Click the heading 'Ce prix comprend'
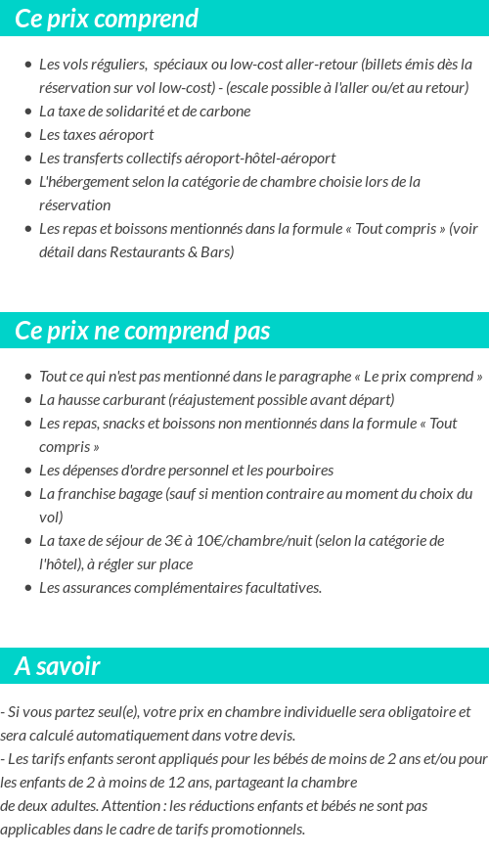(107, 19)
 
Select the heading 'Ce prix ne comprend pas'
(143, 331)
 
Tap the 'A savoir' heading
(58, 666)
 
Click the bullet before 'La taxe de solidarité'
(27, 112)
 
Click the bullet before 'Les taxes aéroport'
(27, 135)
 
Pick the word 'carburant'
(135, 399)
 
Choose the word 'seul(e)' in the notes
(118, 711)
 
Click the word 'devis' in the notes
(273, 735)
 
